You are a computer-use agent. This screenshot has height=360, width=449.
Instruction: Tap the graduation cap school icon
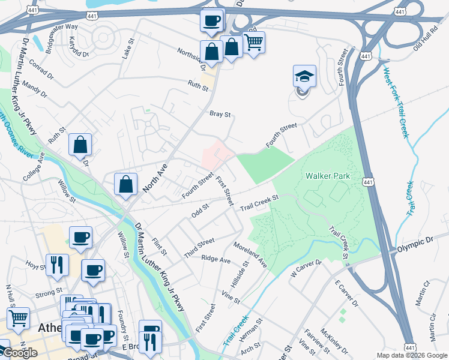[x=304, y=77]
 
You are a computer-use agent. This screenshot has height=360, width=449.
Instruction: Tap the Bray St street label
[x=220, y=113]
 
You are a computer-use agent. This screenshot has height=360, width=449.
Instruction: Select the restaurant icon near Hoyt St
[x=57, y=265]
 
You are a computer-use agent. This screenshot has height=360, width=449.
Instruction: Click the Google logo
[x=19, y=353]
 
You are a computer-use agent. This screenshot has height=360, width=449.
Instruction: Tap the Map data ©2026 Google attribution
[x=411, y=355]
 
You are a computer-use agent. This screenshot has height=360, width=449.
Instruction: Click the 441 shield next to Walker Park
[x=368, y=182]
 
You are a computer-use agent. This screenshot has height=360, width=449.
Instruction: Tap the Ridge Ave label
[x=216, y=260]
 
